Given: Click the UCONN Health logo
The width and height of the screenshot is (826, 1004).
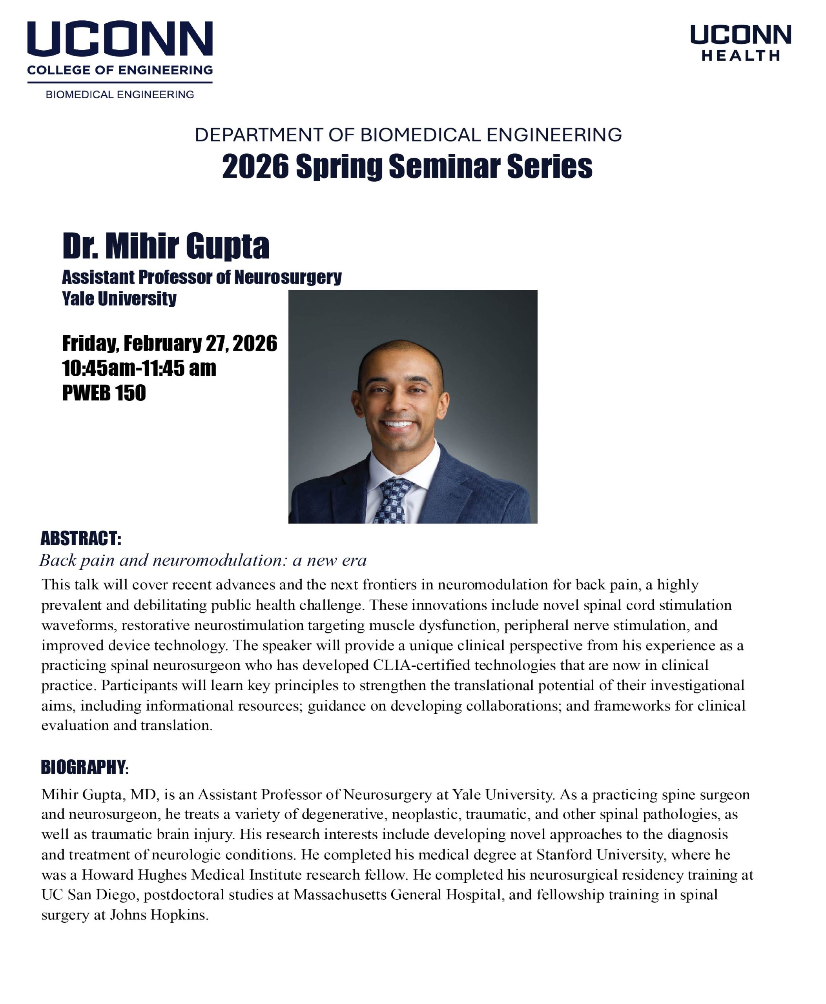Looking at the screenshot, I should click(x=740, y=43).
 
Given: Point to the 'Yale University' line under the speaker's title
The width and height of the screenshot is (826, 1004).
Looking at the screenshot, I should click(x=119, y=299).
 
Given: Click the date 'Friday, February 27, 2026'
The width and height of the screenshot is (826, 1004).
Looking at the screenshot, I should click(x=170, y=344).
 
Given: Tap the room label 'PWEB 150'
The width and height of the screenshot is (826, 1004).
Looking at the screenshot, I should click(x=104, y=393).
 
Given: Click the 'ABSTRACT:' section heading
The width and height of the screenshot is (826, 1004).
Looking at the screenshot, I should click(x=81, y=538).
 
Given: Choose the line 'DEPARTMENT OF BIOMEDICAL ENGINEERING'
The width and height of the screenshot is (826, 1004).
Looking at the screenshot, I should click(x=408, y=135).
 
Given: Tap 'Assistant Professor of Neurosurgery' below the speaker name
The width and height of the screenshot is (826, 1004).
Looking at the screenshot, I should click(x=202, y=277).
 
